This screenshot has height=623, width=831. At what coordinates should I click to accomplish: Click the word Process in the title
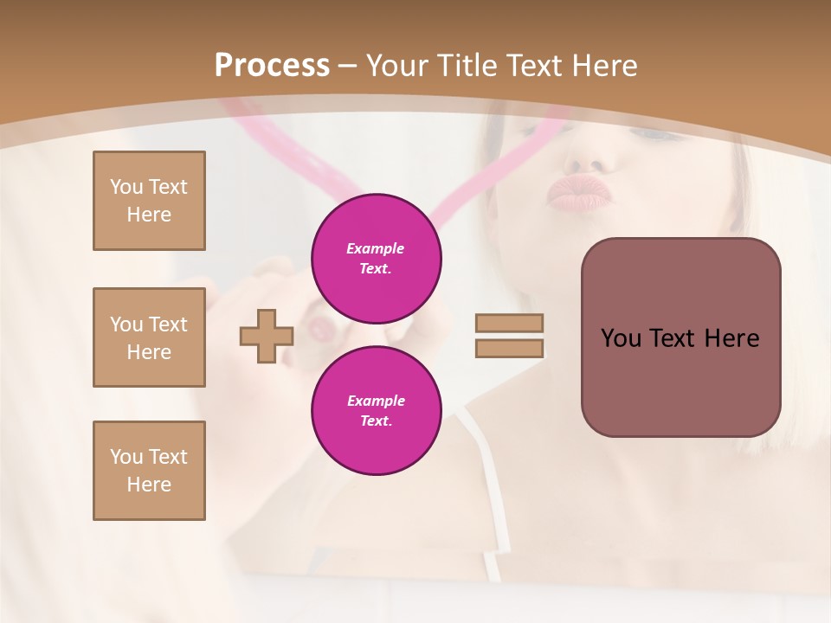[x=272, y=66]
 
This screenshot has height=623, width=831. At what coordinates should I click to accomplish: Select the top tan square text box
[x=149, y=201]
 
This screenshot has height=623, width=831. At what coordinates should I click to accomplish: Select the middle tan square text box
[x=149, y=337]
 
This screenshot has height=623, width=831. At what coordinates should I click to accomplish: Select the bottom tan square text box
[x=149, y=471]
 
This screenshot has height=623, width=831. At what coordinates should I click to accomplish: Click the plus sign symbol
[x=267, y=337]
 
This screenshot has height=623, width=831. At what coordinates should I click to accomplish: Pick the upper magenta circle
[x=376, y=259]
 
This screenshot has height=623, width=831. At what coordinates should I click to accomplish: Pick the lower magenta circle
[x=376, y=411]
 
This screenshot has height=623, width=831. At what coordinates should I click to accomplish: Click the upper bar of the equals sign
[x=509, y=324]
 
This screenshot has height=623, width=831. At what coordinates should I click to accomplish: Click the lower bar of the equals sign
[x=509, y=348]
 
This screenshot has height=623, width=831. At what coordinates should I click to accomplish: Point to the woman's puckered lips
[x=577, y=194]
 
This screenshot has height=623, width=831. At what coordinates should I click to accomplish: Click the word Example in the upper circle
[x=376, y=248]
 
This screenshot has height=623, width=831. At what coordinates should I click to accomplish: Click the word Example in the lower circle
[x=376, y=401]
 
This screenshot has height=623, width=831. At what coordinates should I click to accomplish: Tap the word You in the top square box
[x=126, y=187]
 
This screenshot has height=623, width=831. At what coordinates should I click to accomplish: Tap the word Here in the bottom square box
[x=149, y=485]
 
